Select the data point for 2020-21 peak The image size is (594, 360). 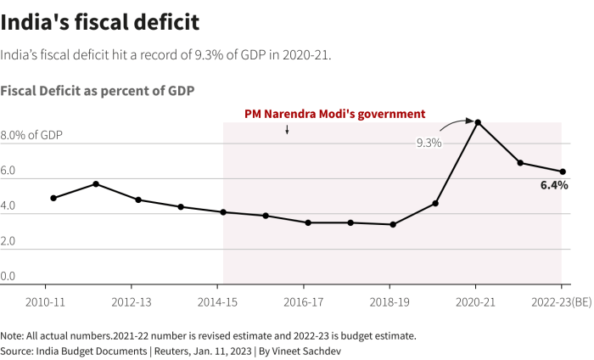click(478, 122)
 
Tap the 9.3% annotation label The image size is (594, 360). click(429, 143)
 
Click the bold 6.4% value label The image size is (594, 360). click(554, 184)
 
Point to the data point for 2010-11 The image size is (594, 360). click(53, 198)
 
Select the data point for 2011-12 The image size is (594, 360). click(96, 184)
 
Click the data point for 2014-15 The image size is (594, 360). click(223, 212)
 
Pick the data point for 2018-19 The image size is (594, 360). click(393, 225)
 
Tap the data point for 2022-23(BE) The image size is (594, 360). click(563, 172)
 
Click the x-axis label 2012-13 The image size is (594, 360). click(132, 302)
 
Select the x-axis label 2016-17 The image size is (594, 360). click(303, 302)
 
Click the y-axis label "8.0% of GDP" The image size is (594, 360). click(31, 136)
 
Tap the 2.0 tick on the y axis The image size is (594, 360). click(8, 242)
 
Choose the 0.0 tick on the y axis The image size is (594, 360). click(8, 277)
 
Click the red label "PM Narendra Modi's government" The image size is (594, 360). click(334, 113)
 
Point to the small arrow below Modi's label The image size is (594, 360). click(287, 130)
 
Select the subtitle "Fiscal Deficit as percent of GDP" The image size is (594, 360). click(98, 90)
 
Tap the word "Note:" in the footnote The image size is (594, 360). click(14, 335)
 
